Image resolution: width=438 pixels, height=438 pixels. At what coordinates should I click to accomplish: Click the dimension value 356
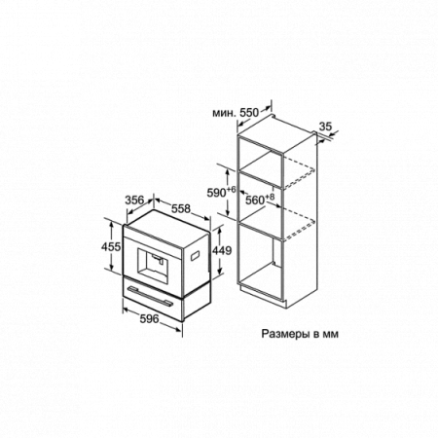click(134, 201)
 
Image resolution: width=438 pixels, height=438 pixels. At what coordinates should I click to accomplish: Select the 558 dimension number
click(181, 208)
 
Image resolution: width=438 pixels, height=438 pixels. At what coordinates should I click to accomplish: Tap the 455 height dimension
click(111, 247)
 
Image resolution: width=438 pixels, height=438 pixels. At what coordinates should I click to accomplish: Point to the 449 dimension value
click(222, 250)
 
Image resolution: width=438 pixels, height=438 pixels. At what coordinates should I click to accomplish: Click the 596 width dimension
click(150, 319)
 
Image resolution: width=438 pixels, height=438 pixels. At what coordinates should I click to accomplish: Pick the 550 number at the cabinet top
click(249, 113)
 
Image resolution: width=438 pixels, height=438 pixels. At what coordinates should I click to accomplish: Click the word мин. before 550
click(224, 113)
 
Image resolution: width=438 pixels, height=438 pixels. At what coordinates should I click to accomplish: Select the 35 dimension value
click(325, 126)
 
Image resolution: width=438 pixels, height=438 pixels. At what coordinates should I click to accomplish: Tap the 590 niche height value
click(216, 193)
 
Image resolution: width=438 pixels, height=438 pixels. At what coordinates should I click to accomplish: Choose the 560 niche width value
click(255, 201)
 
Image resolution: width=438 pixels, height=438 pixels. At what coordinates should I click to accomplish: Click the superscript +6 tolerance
click(231, 189)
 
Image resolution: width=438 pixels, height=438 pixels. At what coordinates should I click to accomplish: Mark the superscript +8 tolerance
click(270, 197)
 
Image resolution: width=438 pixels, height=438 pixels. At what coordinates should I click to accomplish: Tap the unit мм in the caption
click(330, 334)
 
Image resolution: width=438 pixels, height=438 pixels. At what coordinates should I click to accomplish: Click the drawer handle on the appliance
click(150, 296)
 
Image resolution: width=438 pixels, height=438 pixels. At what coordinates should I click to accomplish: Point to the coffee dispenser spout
click(159, 258)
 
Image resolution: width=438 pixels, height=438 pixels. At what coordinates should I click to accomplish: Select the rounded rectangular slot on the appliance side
click(196, 255)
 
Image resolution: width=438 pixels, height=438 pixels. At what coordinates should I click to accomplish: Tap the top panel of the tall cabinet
click(275, 128)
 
